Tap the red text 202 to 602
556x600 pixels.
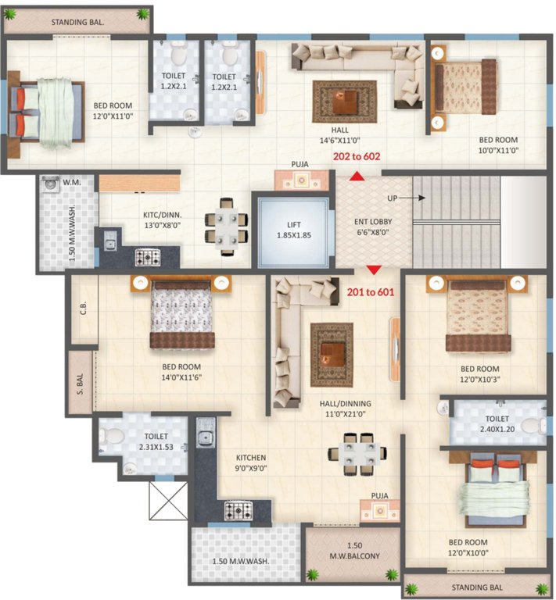[357, 156]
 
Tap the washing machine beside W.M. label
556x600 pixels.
[51, 185]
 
